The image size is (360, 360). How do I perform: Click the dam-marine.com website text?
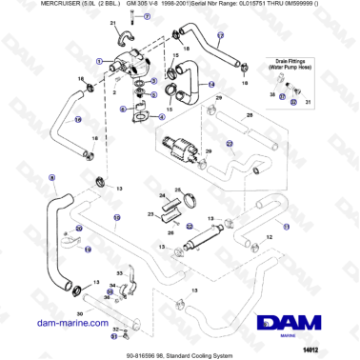tap(71, 323)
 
